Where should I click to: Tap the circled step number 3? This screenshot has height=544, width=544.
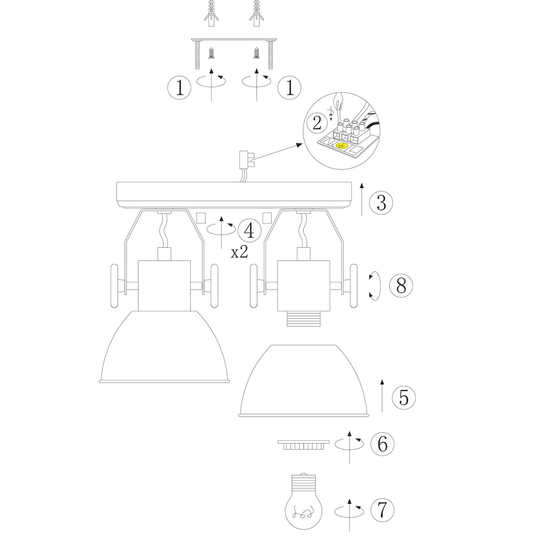click(x=381, y=203)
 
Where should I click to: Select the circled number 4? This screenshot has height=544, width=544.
click(x=249, y=230)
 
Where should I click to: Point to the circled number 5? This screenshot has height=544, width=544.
click(x=404, y=398)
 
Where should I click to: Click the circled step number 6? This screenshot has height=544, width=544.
click(x=382, y=444)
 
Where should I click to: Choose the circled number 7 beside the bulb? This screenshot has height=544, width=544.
click(x=382, y=518)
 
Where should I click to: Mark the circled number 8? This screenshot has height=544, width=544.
click(x=401, y=286)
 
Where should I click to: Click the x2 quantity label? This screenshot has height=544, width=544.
click(x=239, y=253)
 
